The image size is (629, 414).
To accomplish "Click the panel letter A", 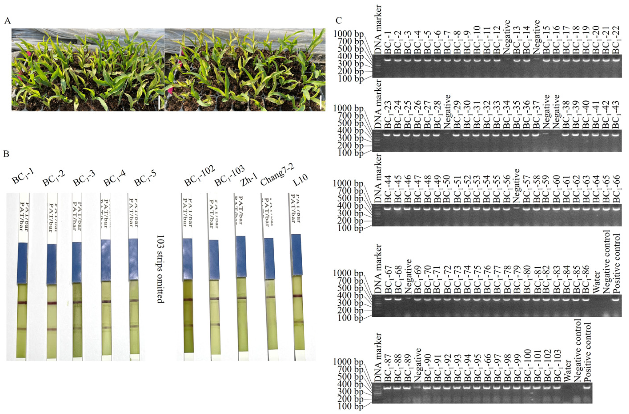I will [x=8, y=21].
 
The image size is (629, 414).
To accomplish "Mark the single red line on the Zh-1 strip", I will [x=241, y=298].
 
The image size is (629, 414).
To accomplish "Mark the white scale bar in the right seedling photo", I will [x=321, y=103].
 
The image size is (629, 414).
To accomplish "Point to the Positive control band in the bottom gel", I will [x=587, y=388].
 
